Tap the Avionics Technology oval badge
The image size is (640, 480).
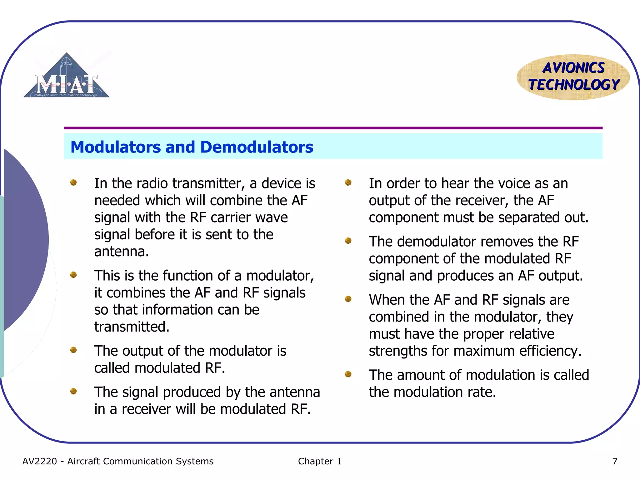573,77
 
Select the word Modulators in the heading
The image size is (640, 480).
115,147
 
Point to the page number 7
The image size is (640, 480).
615,461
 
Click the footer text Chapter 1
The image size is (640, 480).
319,461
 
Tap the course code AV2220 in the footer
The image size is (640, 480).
40,461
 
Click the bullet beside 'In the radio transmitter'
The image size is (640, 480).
73,182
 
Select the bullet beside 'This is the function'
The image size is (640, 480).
73,275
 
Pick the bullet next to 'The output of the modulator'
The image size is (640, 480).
73,350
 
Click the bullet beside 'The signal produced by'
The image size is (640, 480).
73,391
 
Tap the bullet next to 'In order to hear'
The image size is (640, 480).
348,182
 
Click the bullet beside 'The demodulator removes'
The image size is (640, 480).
348,241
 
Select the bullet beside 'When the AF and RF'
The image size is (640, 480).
348,299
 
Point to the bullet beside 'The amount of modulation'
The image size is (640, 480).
348,374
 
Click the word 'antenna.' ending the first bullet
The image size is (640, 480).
122,252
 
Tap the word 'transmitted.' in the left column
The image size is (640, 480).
132,327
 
